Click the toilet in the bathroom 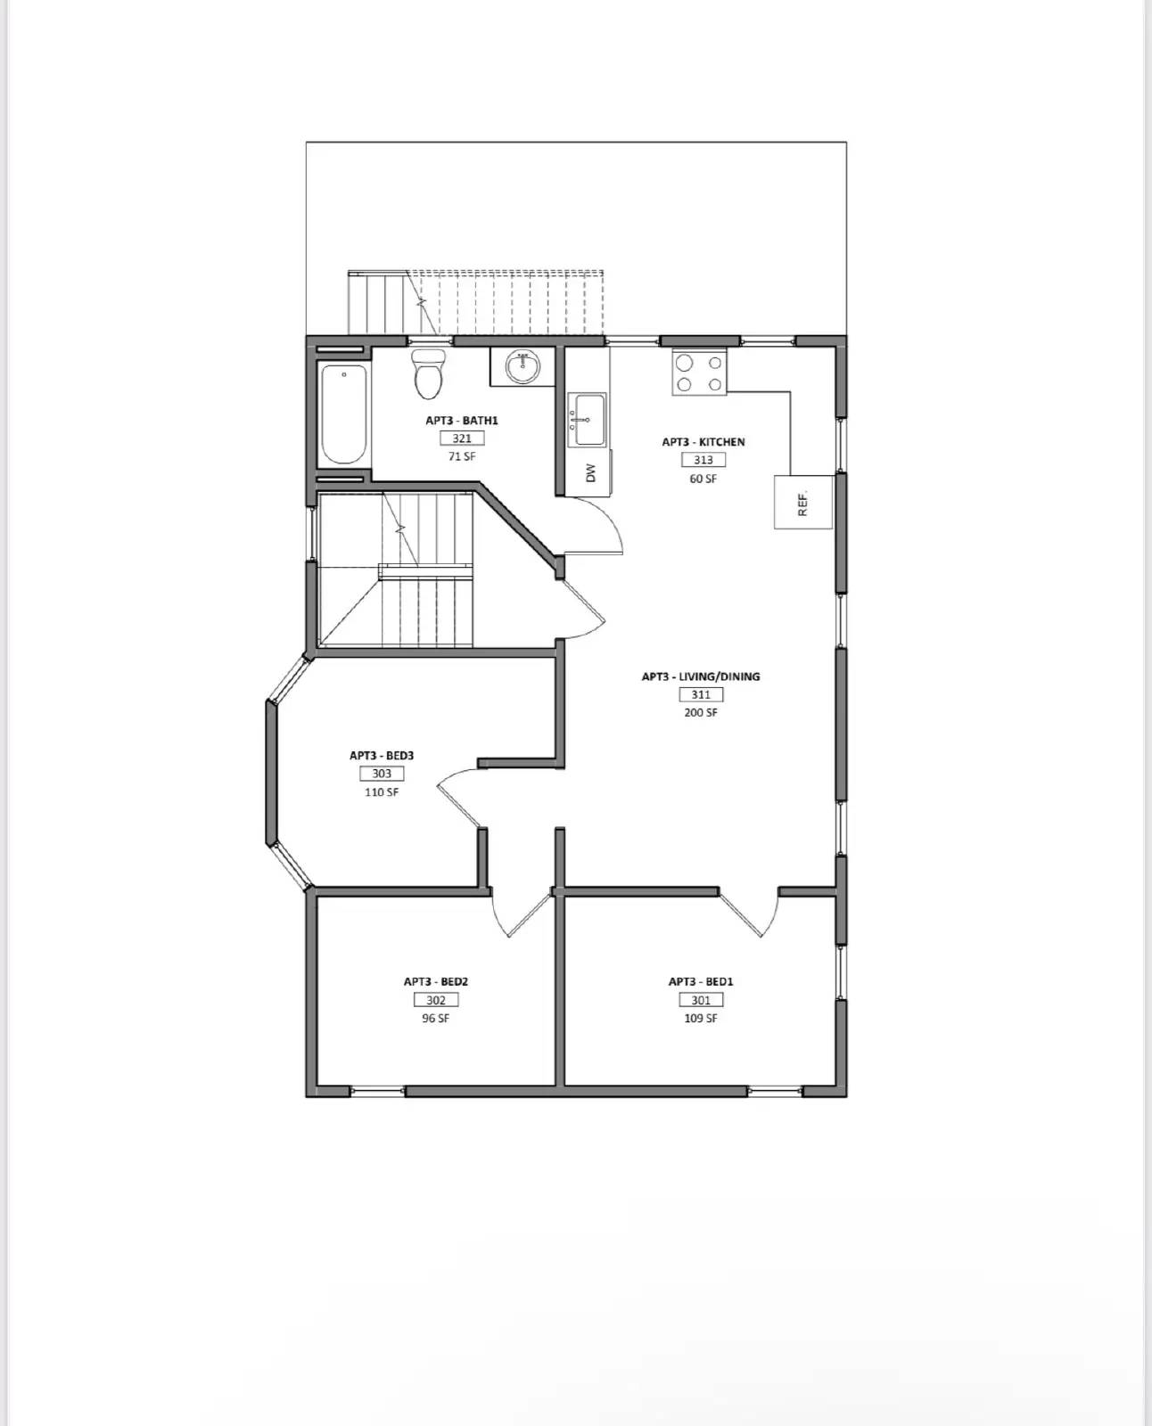point(429,373)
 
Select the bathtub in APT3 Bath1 point(343,414)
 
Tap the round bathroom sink point(522,365)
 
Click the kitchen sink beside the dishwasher point(588,420)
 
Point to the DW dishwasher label point(590,472)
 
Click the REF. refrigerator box point(802,503)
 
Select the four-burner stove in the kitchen point(699,373)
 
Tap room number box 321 point(462,438)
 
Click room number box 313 point(703,460)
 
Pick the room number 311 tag point(701,694)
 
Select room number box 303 point(382,774)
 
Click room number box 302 point(435,1000)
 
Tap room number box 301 point(701,1000)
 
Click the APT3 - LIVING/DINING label point(701,676)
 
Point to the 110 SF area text point(382,792)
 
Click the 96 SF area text point(435,1019)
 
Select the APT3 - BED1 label point(701,981)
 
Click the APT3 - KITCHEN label point(703,442)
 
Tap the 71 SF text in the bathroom point(462,456)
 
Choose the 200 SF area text point(701,713)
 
